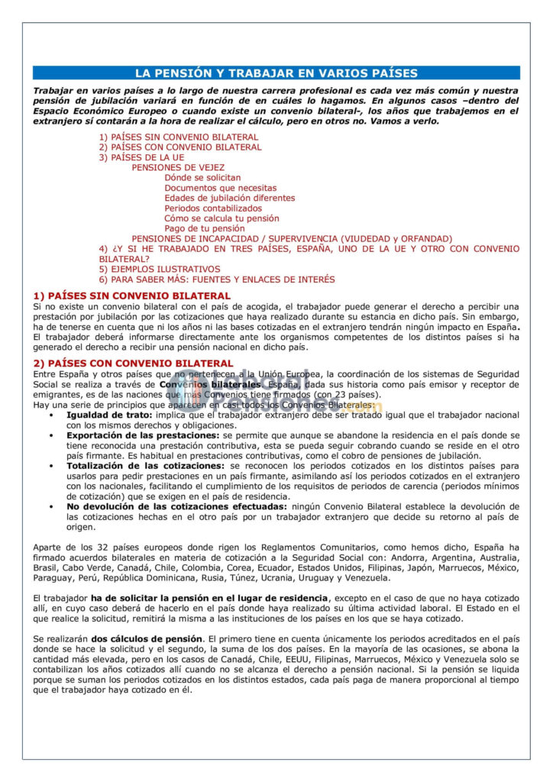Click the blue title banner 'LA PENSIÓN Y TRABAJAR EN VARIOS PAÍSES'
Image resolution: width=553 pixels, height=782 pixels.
coord(276,73)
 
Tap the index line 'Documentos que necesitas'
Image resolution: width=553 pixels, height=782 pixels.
coord(220,188)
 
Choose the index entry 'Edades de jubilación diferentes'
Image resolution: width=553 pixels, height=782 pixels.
coord(229,198)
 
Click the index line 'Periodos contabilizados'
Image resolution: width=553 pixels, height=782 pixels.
coord(213,208)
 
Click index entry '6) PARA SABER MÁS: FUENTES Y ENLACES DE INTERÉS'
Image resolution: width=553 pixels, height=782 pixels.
coord(216,279)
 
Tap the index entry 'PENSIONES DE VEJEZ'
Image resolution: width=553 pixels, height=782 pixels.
coord(178,167)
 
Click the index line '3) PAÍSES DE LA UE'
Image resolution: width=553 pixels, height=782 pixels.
coord(141,157)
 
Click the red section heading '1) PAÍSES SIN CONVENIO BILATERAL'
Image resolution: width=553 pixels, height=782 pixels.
coord(131,295)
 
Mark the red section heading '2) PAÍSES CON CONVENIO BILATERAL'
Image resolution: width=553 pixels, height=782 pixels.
coord(133,363)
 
